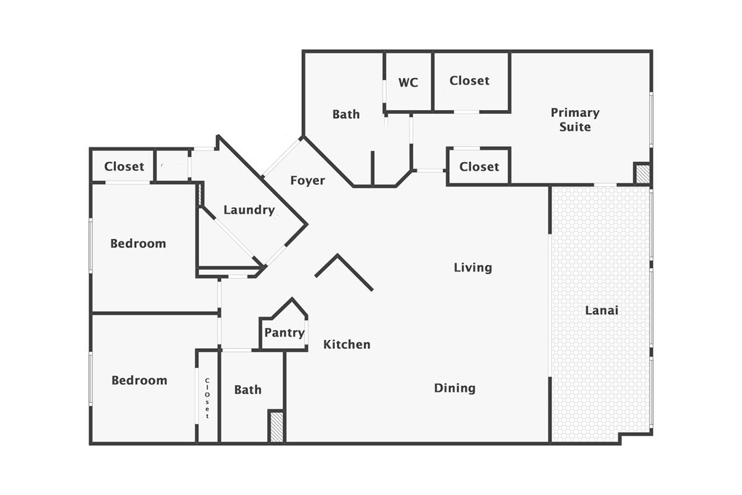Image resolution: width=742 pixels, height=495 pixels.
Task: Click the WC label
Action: (408, 82)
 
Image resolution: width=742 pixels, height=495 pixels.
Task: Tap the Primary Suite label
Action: (575, 119)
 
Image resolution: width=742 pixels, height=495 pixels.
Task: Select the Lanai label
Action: (602, 310)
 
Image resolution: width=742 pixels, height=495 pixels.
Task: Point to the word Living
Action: (473, 267)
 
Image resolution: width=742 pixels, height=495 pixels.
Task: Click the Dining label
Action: (454, 388)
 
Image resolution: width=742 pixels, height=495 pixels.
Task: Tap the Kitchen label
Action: (347, 344)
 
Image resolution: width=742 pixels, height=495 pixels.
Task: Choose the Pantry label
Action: (284, 333)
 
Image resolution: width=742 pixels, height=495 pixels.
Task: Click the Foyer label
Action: (307, 180)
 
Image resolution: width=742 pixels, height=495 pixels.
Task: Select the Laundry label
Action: (249, 210)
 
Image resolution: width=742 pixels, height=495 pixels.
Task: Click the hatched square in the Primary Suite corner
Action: (642, 173)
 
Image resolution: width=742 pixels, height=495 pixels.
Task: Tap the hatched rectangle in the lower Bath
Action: (276, 427)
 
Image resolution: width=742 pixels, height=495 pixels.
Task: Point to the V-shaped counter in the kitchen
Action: (344, 271)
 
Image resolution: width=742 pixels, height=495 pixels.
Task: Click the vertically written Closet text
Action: (207, 398)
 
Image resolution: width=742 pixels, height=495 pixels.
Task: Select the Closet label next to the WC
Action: (469, 80)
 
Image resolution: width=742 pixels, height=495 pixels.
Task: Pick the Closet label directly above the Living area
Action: (479, 166)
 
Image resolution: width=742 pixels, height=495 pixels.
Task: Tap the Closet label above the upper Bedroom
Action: (124, 166)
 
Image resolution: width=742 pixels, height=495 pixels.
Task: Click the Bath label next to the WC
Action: (346, 114)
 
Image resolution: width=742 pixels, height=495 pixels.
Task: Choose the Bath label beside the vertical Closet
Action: (247, 390)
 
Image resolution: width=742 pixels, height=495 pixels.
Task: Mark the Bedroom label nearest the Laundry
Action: (138, 243)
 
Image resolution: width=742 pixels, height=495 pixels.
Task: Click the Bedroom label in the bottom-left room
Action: (139, 380)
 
